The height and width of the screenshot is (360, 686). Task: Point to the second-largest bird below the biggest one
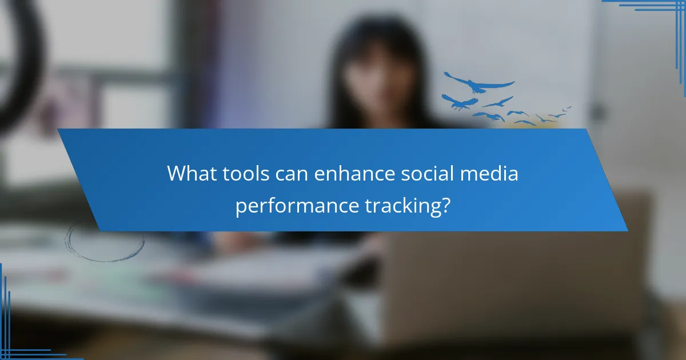459,102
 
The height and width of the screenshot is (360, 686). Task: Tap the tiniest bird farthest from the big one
567,107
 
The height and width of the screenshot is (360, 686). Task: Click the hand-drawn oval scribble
104,242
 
